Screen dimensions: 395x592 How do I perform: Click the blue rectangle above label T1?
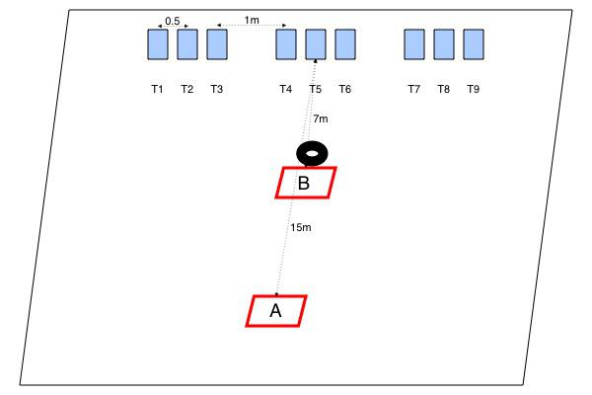pyautogui.click(x=158, y=44)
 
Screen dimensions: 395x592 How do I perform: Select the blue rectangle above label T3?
pyautogui.click(x=217, y=44)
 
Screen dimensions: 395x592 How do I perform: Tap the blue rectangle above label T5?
pyautogui.click(x=316, y=44)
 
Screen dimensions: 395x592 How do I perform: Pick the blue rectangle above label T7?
pyautogui.click(x=414, y=44)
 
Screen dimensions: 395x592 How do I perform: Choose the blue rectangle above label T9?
pyautogui.click(x=474, y=44)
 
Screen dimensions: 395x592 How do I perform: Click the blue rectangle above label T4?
pyautogui.click(x=286, y=44)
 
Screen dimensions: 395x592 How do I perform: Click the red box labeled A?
pyautogui.click(x=276, y=310)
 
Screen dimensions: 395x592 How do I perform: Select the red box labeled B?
pyautogui.click(x=305, y=183)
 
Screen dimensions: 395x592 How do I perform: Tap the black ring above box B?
pyautogui.click(x=313, y=153)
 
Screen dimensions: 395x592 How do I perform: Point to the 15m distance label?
pyautogui.click(x=301, y=228)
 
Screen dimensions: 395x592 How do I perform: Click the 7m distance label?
pyautogui.click(x=321, y=119)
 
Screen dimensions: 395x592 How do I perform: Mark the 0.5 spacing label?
pyautogui.click(x=173, y=21)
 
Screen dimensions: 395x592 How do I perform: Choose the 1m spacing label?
pyautogui.click(x=252, y=21)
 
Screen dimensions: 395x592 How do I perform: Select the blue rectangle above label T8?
pyautogui.click(x=444, y=44)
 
